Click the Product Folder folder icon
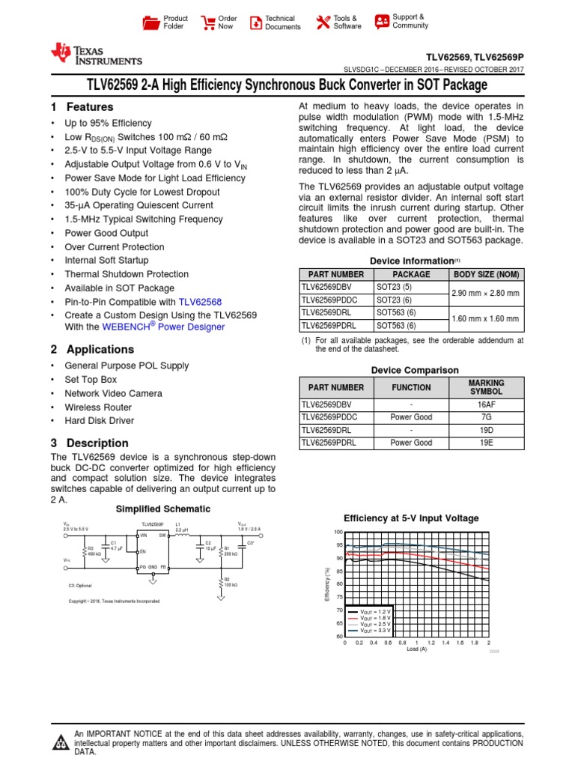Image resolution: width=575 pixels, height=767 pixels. click(x=151, y=22)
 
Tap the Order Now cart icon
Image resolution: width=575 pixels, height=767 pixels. click(x=207, y=22)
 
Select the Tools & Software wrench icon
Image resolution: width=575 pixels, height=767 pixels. click(x=323, y=22)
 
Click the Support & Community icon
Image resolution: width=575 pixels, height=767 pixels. click(x=382, y=21)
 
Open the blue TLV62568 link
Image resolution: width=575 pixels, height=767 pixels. click(x=200, y=302)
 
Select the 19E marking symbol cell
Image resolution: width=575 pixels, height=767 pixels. click(x=486, y=443)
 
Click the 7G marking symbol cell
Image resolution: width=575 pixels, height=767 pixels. click(x=486, y=417)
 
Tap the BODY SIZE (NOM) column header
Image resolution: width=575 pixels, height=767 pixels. click(x=487, y=274)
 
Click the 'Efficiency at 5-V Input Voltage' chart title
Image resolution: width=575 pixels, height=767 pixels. click(x=411, y=518)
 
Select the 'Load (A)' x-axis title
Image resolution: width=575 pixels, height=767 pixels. click(x=416, y=649)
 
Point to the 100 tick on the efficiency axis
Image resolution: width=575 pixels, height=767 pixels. click(x=338, y=532)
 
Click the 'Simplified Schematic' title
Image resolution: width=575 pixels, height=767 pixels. click(x=162, y=509)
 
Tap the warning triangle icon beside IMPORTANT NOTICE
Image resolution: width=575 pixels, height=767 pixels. click(x=60, y=743)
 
